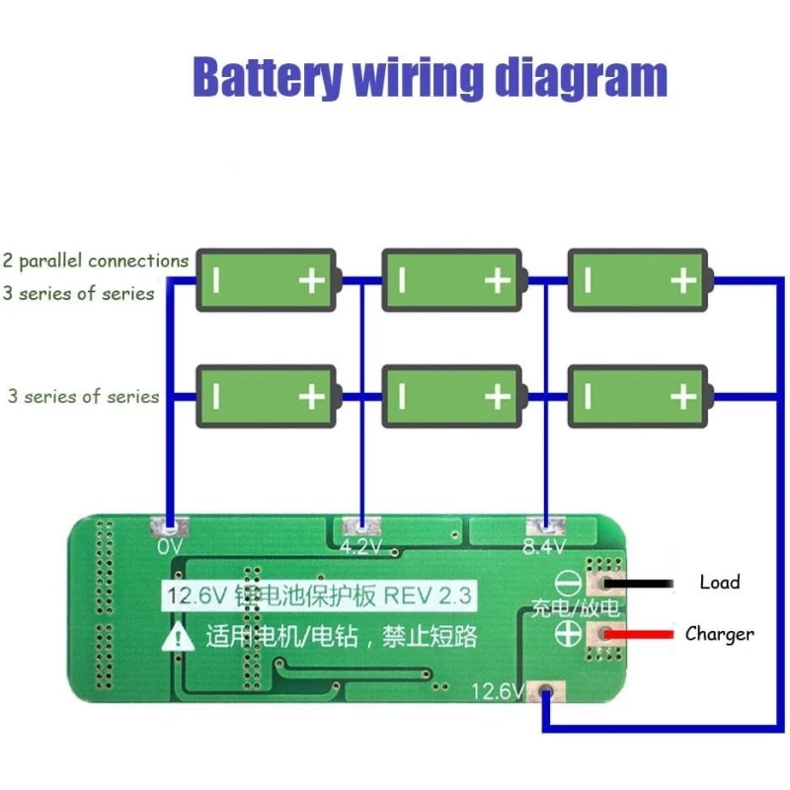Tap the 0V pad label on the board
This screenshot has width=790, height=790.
[170, 546]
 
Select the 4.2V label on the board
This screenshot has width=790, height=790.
[360, 546]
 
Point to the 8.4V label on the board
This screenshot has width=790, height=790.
[544, 546]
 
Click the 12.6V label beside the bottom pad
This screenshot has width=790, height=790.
[499, 690]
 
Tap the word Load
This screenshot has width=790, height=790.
[719, 582]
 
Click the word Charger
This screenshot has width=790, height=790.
[719, 634]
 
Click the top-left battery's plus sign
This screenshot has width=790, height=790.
[312, 281]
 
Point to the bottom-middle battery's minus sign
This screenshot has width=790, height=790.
[402, 397]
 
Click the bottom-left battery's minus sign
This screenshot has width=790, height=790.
[216, 397]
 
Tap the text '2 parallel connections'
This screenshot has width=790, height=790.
[95, 262]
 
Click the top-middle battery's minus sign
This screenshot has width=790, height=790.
[402, 281]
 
